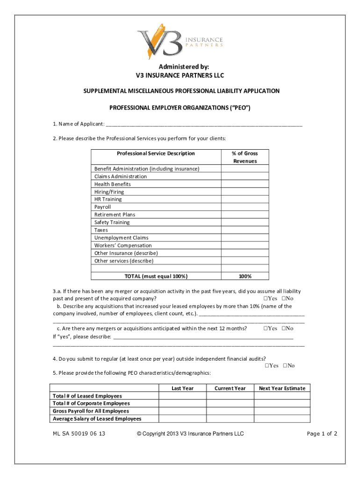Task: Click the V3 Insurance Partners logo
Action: click(180, 41)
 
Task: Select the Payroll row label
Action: click(103, 207)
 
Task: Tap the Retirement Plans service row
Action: click(115, 215)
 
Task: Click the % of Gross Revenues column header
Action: click(245, 157)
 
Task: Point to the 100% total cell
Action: click(245, 276)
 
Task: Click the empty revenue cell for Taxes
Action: click(245, 230)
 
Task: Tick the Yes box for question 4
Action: click(267, 366)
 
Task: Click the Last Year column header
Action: click(182, 388)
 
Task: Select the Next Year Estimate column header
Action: click(282, 388)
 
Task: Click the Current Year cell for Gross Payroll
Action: click(230, 411)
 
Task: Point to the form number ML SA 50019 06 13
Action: click(79, 434)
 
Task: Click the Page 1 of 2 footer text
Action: click(322, 434)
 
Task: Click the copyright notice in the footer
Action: click(190, 434)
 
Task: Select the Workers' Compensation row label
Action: click(123, 246)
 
